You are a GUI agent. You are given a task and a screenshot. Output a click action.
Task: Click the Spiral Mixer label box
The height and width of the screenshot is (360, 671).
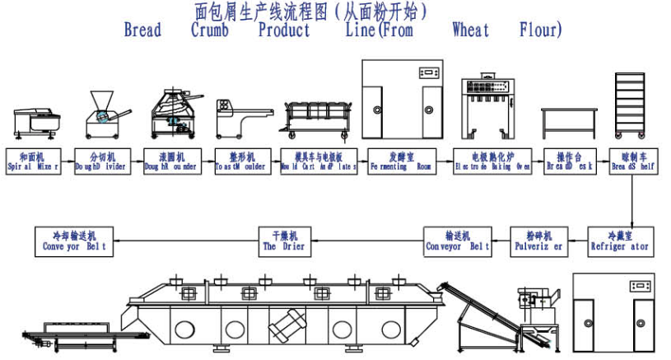coord(32,161)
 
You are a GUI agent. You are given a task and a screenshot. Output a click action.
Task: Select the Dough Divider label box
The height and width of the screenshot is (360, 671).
coord(101,161)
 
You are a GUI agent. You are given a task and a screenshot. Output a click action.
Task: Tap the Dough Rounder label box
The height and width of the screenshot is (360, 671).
coord(170,161)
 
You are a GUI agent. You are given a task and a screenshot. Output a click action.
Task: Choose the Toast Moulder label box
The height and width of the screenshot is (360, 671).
coord(240,161)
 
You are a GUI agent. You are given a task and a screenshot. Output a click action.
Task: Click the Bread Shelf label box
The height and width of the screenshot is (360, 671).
coord(633,161)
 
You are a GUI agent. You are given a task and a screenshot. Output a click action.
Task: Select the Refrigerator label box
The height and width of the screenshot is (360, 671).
coord(619,241)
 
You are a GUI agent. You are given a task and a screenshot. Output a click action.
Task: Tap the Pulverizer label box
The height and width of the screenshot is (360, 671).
coord(538,241)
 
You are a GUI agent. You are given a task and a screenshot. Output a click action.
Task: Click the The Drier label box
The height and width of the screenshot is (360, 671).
coord(284,241)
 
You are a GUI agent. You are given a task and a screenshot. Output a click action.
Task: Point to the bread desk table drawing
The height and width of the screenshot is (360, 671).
coord(569,122)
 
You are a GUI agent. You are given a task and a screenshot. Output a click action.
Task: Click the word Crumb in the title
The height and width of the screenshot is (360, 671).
coord(215,30)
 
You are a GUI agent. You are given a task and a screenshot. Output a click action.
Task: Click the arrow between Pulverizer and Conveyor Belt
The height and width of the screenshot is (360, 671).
coord(501,241)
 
